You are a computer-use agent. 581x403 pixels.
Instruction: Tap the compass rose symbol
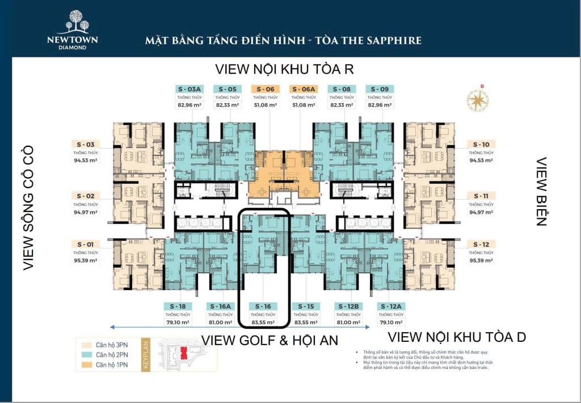(x=478, y=100)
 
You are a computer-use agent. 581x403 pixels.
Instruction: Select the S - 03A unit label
(x=190, y=89)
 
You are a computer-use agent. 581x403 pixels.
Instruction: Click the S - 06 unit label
(x=265, y=89)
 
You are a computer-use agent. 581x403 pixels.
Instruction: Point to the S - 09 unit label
(x=380, y=89)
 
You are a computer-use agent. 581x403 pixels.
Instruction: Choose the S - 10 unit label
(x=481, y=145)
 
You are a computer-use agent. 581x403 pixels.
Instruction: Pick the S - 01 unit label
(x=86, y=244)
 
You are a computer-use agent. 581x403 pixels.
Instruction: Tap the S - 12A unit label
(x=391, y=306)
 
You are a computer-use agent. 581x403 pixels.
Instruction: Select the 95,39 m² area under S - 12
(x=481, y=261)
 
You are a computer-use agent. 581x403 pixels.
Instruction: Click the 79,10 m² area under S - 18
(x=178, y=322)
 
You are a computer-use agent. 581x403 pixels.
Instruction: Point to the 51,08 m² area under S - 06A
(x=304, y=105)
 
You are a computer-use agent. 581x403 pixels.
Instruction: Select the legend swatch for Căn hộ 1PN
(x=86, y=364)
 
